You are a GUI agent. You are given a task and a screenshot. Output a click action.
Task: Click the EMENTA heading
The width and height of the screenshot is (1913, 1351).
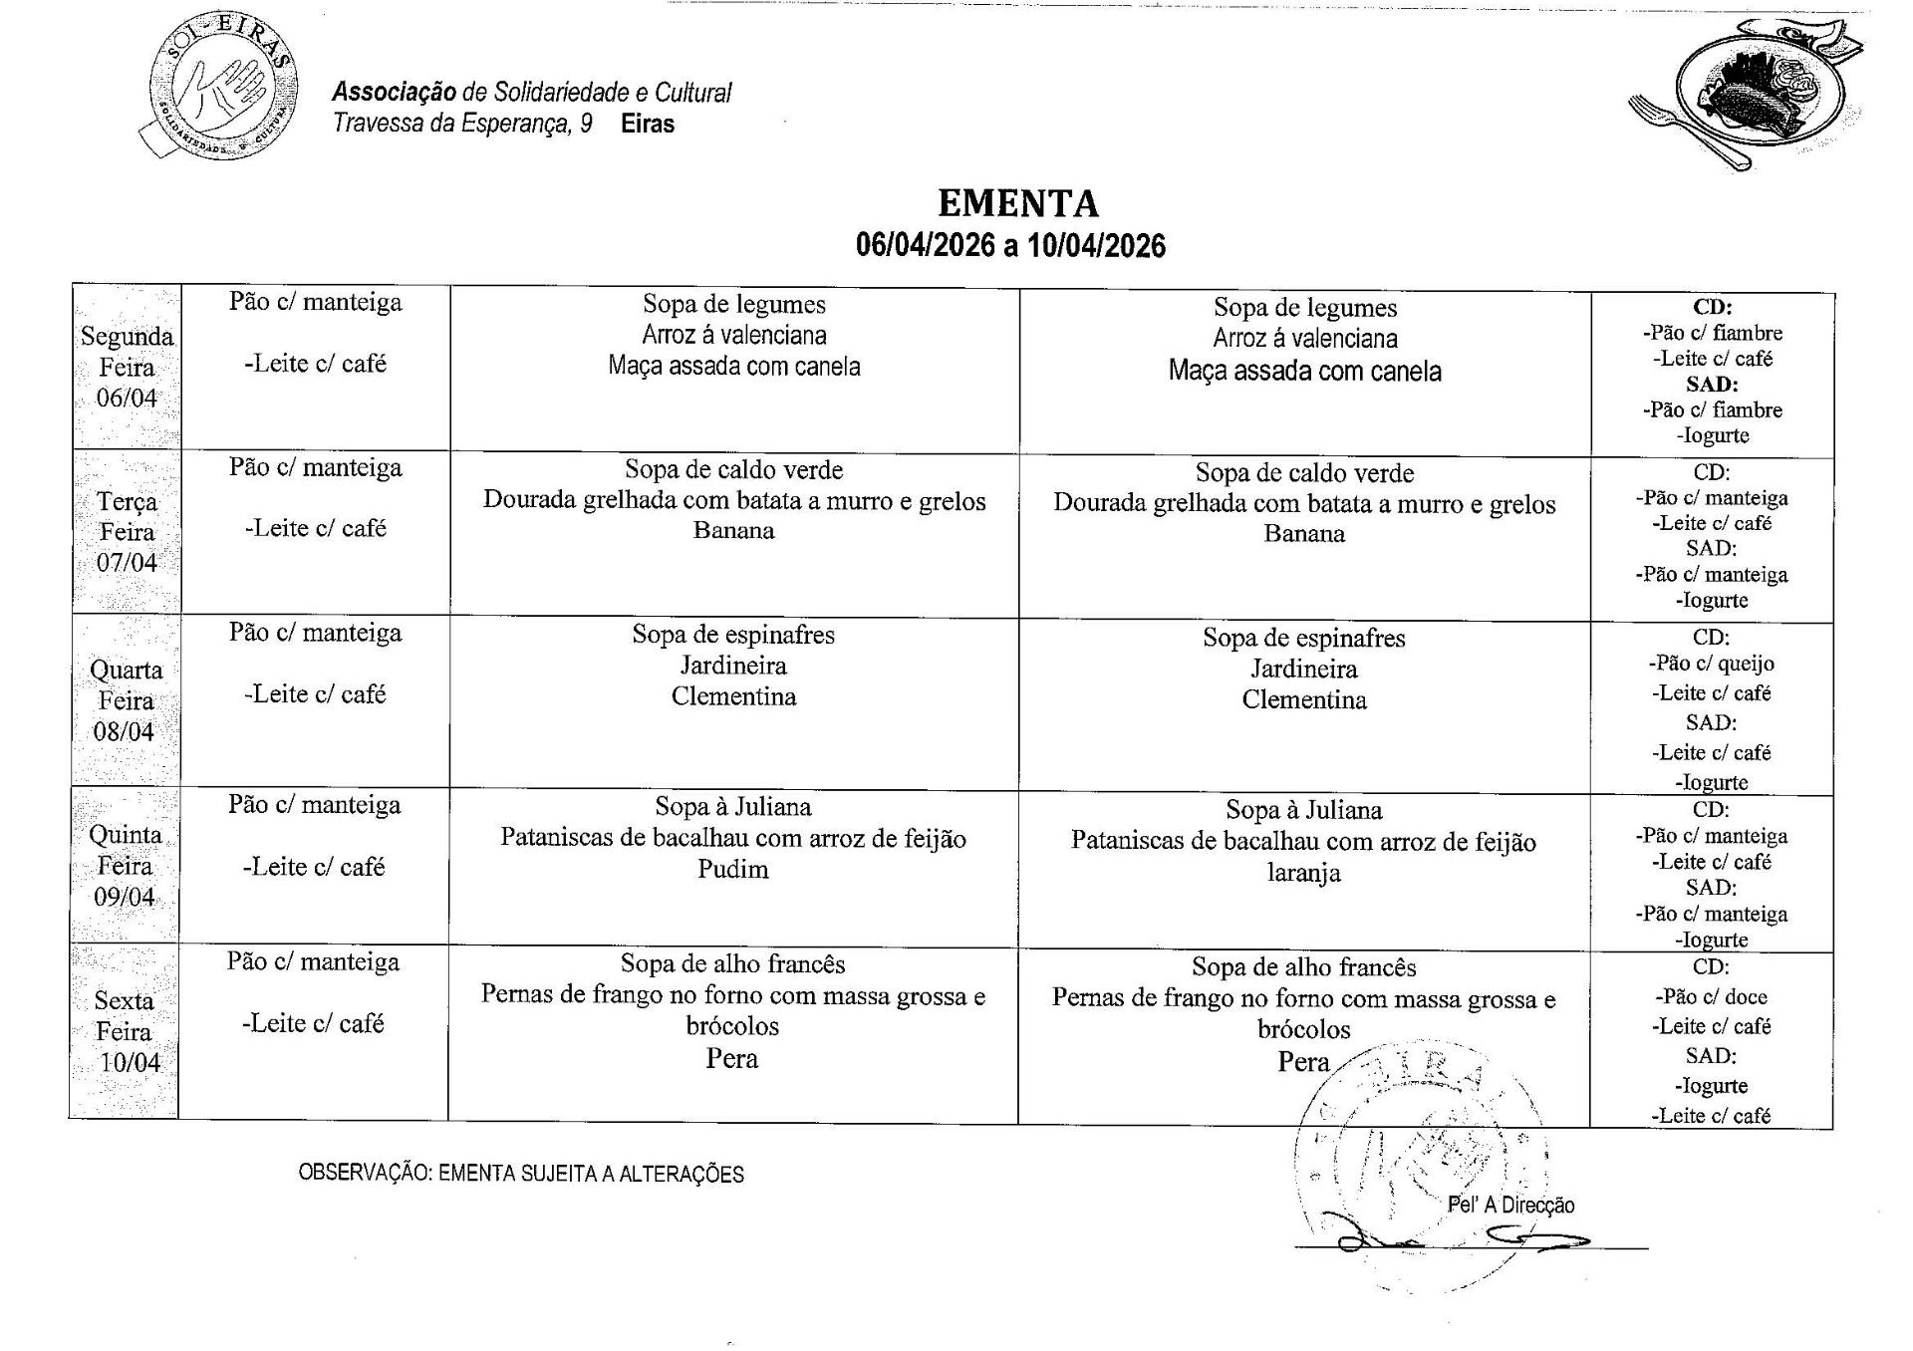click(x=1017, y=203)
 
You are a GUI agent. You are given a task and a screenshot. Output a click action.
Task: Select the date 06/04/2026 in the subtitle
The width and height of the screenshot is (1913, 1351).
click(x=926, y=246)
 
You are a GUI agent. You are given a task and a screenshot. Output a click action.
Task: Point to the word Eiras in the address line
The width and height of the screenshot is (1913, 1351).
click(x=648, y=125)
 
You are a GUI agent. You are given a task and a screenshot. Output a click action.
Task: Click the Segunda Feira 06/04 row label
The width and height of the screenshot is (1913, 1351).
click(x=127, y=367)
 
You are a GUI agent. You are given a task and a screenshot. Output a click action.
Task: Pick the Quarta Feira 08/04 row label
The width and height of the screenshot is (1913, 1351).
click(x=126, y=700)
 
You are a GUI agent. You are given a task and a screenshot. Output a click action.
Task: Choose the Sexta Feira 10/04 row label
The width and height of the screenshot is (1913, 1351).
click(x=126, y=1031)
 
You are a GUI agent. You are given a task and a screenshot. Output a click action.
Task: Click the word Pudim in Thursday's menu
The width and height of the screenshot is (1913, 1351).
click(x=732, y=870)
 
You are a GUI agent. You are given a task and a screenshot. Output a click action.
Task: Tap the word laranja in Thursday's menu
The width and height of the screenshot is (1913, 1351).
click(x=1303, y=874)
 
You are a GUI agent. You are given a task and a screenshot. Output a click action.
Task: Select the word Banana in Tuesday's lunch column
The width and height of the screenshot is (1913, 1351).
click(x=733, y=530)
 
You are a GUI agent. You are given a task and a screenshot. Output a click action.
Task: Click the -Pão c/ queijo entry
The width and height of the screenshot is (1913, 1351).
click(x=1711, y=664)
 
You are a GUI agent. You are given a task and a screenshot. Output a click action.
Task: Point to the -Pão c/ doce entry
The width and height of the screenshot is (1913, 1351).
click(x=1711, y=996)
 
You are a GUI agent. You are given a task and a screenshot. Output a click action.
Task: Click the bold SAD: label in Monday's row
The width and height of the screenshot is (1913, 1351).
click(x=1712, y=385)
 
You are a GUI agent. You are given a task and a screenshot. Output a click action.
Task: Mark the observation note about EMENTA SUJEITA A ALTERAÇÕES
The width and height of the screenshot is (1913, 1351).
click(x=521, y=1174)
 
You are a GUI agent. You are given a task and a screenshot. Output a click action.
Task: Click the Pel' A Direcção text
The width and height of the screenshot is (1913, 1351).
click(x=1510, y=1206)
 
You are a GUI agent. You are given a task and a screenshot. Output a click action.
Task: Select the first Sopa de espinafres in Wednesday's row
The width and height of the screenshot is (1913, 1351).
click(x=733, y=635)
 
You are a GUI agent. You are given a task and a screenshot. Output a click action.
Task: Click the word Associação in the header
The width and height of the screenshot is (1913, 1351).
click(x=394, y=93)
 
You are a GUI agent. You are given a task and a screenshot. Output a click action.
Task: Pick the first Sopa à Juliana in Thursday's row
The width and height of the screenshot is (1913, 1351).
click(x=732, y=807)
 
